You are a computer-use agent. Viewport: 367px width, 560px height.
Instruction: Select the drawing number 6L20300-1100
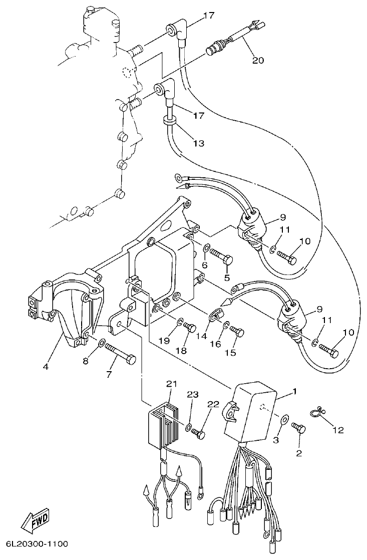click(x=37, y=543)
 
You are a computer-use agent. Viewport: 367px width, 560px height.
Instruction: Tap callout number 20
click(x=258, y=60)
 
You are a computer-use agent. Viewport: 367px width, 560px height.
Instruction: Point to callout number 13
click(x=199, y=143)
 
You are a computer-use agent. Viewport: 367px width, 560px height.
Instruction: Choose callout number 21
click(x=172, y=384)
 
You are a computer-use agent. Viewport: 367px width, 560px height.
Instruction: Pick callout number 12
click(x=338, y=429)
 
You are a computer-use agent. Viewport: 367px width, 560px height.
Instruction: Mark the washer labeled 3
click(x=284, y=419)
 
